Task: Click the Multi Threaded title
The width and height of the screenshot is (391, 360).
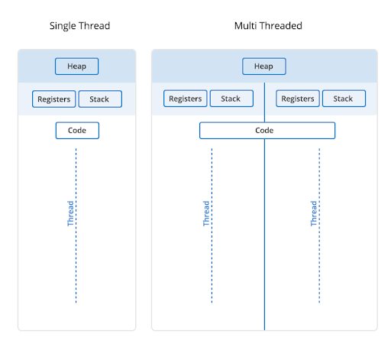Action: [268, 26]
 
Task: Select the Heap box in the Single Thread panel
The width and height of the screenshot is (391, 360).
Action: [77, 66]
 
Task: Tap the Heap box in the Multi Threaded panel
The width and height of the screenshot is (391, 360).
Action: [263, 66]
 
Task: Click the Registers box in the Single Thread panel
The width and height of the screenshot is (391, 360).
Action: [54, 99]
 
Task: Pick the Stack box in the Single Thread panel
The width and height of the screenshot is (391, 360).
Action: [99, 99]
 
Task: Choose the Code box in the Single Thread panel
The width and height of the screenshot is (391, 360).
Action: [77, 131]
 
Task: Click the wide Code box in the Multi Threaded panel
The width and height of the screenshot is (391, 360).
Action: [267, 131]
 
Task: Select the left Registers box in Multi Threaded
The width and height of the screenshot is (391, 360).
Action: [186, 99]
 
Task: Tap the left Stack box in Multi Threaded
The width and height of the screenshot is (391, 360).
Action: [231, 99]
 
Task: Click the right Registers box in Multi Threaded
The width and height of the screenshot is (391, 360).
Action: [298, 99]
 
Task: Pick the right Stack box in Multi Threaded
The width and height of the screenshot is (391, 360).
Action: [344, 99]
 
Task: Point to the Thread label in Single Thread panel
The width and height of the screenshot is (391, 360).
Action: [71, 213]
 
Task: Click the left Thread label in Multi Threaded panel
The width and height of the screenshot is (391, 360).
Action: [206, 213]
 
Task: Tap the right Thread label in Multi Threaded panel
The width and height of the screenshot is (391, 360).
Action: [313, 213]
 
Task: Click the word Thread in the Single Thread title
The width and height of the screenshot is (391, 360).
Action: [94, 26]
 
